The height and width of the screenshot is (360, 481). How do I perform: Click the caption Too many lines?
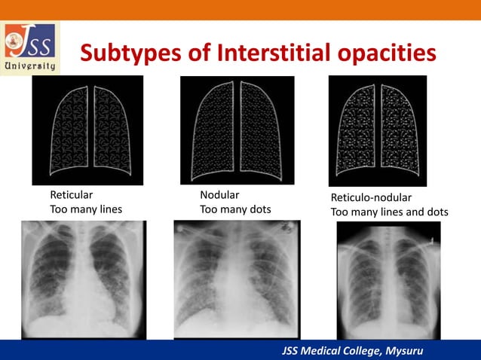click(86, 209)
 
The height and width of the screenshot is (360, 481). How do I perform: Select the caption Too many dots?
click(235, 209)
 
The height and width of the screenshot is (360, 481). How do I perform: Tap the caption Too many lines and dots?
click(390, 212)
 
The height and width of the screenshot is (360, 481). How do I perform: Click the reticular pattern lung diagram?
click(87, 130)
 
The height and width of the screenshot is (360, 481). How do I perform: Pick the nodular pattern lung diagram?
click(237, 130)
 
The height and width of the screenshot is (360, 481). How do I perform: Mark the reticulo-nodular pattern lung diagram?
click(378, 130)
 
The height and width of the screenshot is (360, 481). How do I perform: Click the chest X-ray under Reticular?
click(84, 279)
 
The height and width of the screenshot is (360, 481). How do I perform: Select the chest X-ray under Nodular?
click(237, 279)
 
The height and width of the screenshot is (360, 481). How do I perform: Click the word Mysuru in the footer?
click(402, 350)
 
